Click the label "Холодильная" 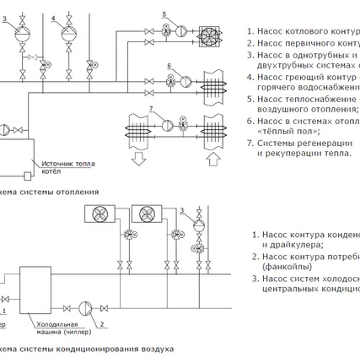tap(54, 323)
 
